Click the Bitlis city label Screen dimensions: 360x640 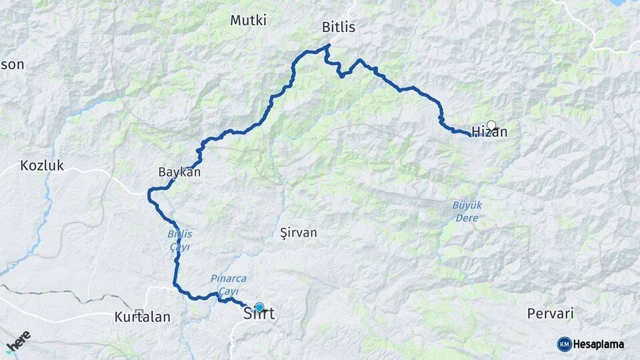click(x=339, y=28)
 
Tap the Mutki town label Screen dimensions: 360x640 click(x=248, y=21)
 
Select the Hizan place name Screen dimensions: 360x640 click(x=489, y=133)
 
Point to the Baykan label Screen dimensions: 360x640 click(x=179, y=172)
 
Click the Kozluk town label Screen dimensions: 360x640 click(x=42, y=165)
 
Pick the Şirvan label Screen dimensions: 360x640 click(x=299, y=233)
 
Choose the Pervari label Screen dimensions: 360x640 click(x=550, y=313)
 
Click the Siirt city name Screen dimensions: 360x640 click(x=259, y=313)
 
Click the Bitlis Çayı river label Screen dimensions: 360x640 click(x=178, y=240)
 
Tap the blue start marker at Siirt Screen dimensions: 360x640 click(x=259, y=307)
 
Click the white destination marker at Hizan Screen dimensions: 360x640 click(x=491, y=125)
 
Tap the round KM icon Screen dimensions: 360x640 click(x=564, y=344)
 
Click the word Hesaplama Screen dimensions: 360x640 click(x=598, y=344)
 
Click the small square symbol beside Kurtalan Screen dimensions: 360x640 click(x=139, y=312)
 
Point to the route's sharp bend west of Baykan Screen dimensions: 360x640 click(x=149, y=193)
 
